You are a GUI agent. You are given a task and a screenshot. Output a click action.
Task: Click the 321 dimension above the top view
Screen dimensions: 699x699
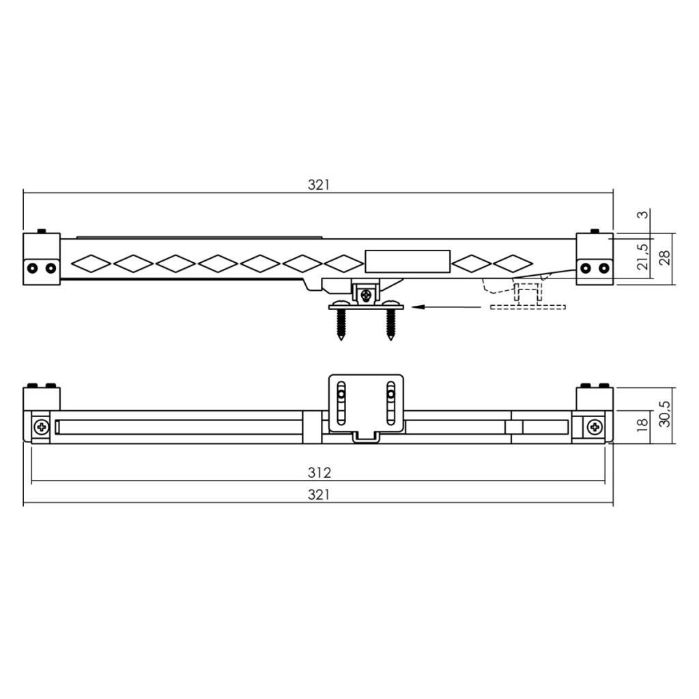pyautogui.click(x=318, y=184)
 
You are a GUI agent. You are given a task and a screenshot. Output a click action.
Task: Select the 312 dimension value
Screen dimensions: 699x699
pyautogui.click(x=318, y=472)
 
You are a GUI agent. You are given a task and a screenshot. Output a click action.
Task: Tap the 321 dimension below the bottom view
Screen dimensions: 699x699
pyautogui.click(x=318, y=495)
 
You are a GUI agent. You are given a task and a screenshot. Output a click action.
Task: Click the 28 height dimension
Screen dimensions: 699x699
pyautogui.click(x=664, y=257)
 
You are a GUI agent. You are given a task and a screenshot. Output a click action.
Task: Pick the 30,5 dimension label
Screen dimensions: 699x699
pyautogui.click(x=664, y=414)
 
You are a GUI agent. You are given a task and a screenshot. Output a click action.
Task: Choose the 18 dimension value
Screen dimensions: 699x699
pyautogui.click(x=642, y=425)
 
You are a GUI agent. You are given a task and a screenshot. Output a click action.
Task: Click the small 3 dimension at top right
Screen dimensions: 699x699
pyautogui.click(x=642, y=214)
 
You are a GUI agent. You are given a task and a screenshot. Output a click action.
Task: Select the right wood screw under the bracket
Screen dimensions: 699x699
pyautogui.click(x=390, y=326)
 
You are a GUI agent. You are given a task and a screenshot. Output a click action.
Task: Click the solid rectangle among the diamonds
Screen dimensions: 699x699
pyautogui.click(x=408, y=261)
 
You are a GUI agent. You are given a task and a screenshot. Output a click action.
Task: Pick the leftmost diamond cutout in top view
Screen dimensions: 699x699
pyautogui.click(x=91, y=262)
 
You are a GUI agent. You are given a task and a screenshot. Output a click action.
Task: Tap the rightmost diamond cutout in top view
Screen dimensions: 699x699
pyautogui.click(x=513, y=262)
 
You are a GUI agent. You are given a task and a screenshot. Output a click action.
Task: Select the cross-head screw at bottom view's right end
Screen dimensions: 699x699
pyautogui.click(x=595, y=427)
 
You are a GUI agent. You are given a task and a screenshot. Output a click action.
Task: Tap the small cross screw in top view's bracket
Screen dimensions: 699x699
pyautogui.click(x=367, y=295)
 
